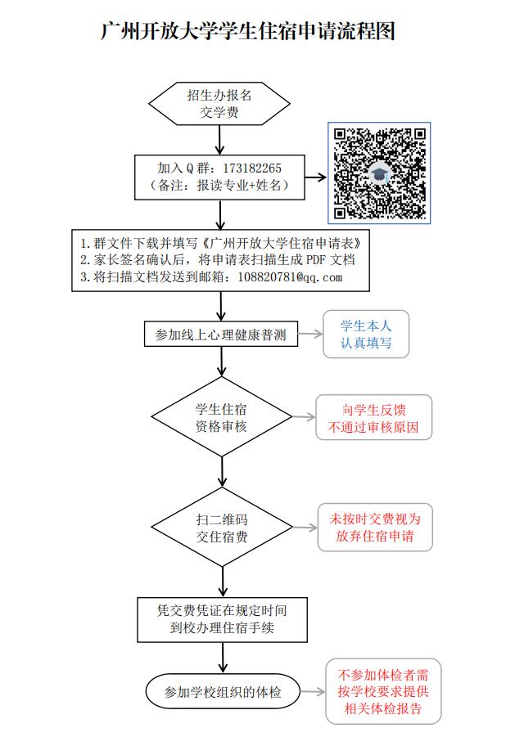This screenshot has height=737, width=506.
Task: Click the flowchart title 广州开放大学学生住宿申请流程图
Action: (247, 31)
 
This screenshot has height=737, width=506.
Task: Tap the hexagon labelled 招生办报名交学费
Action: (219, 103)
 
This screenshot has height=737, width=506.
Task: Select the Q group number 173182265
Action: (252, 169)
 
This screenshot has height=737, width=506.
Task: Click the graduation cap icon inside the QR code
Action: (379, 173)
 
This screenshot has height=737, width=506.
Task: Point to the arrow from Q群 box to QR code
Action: (315, 178)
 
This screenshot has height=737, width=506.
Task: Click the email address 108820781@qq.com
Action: (290, 276)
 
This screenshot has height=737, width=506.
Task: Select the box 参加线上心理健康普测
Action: (221, 335)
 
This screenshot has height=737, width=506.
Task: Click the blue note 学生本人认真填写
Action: (366, 335)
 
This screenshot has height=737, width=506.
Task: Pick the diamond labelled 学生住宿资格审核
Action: (222, 417)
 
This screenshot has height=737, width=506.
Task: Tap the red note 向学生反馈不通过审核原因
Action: (373, 417)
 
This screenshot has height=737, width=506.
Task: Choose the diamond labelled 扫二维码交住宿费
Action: (222, 528)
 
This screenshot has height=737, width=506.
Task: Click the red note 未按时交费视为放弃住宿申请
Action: (375, 528)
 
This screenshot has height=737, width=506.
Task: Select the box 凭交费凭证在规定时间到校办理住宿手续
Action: (222, 619)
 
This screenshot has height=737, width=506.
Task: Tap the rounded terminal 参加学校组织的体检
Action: (223, 691)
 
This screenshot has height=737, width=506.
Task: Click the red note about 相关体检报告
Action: (383, 691)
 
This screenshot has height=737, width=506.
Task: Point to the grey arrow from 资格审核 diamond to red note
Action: (304, 417)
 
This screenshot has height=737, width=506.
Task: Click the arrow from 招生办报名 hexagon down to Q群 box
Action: (219, 140)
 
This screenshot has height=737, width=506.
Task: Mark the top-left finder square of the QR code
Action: (340, 134)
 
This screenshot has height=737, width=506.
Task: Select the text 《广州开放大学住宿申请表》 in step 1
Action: (282, 244)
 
